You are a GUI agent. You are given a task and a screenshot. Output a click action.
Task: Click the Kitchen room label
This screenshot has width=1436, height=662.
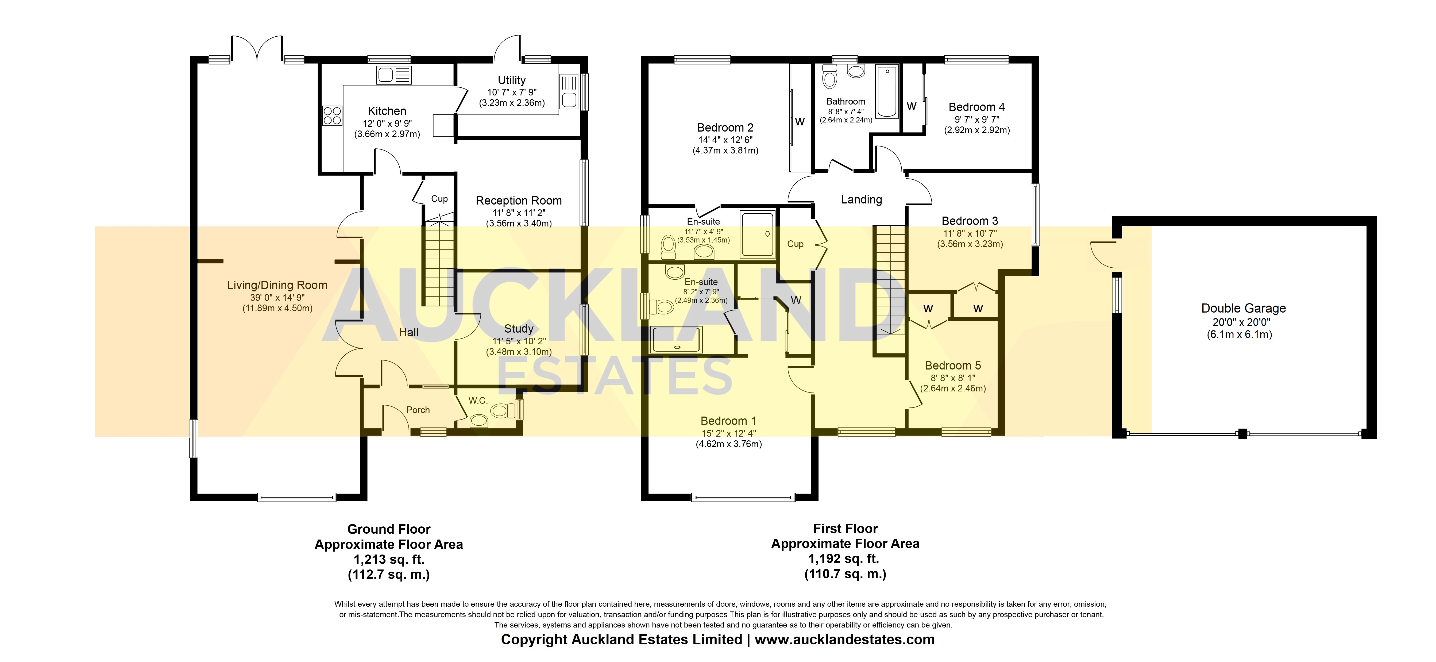pyautogui.click(x=387, y=111)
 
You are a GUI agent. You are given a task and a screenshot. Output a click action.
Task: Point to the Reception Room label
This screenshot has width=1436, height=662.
pyautogui.click(x=518, y=201)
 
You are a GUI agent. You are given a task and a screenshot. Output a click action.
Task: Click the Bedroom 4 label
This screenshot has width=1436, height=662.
pyautogui.click(x=977, y=107)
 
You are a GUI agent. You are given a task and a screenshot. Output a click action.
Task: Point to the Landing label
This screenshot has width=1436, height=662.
pyautogui.click(x=861, y=200)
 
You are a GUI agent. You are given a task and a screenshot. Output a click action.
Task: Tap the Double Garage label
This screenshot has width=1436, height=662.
pyautogui.click(x=1243, y=309)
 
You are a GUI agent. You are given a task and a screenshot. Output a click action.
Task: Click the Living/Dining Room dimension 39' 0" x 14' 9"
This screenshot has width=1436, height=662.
pyautogui.click(x=277, y=297)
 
